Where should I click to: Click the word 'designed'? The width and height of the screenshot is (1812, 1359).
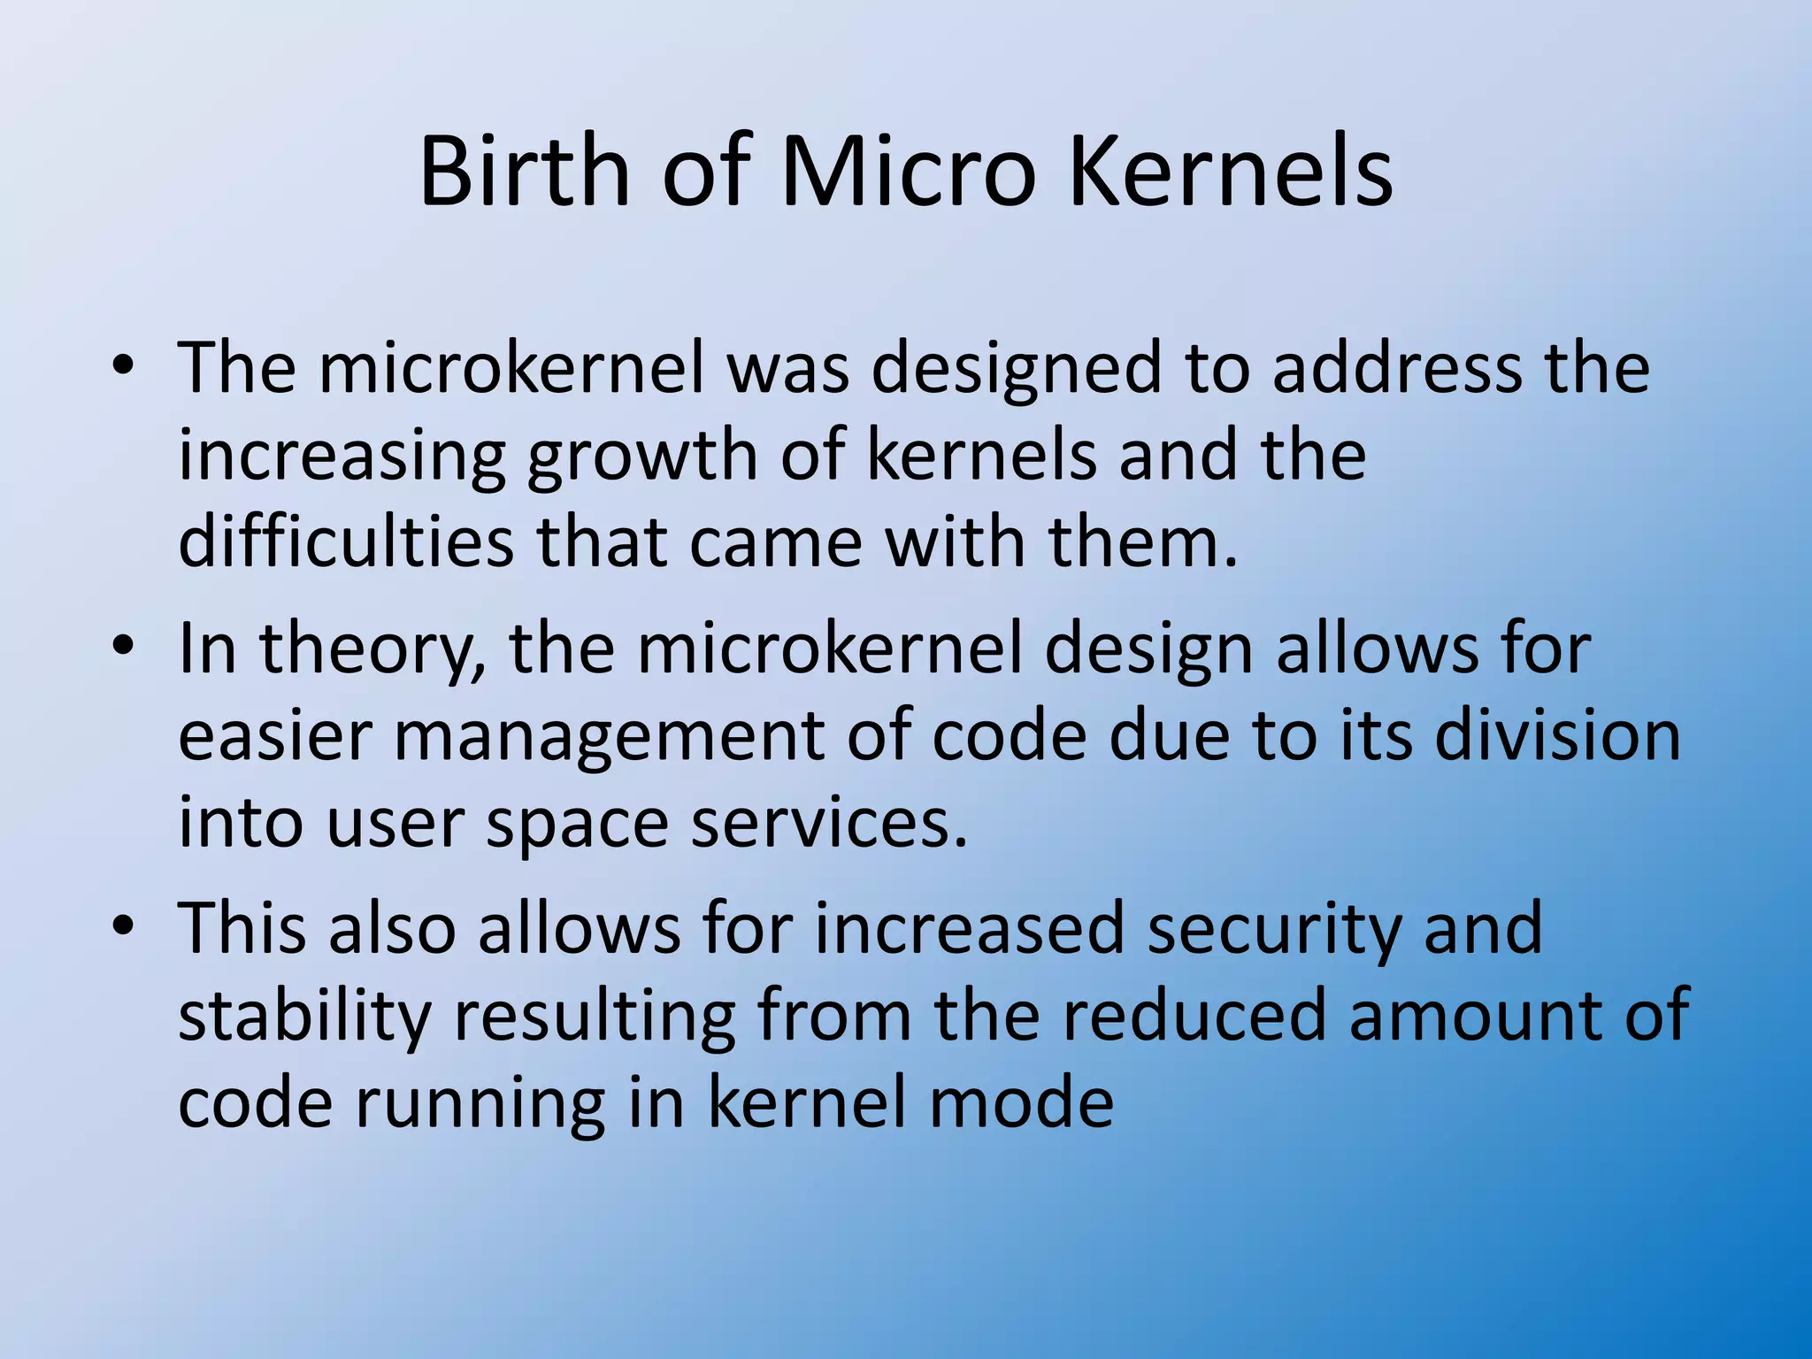point(1016,370)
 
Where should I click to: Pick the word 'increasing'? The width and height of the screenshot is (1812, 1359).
point(342,458)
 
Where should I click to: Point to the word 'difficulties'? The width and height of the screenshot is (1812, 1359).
point(345,541)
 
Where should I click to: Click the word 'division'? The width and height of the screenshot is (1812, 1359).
point(1556,736)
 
